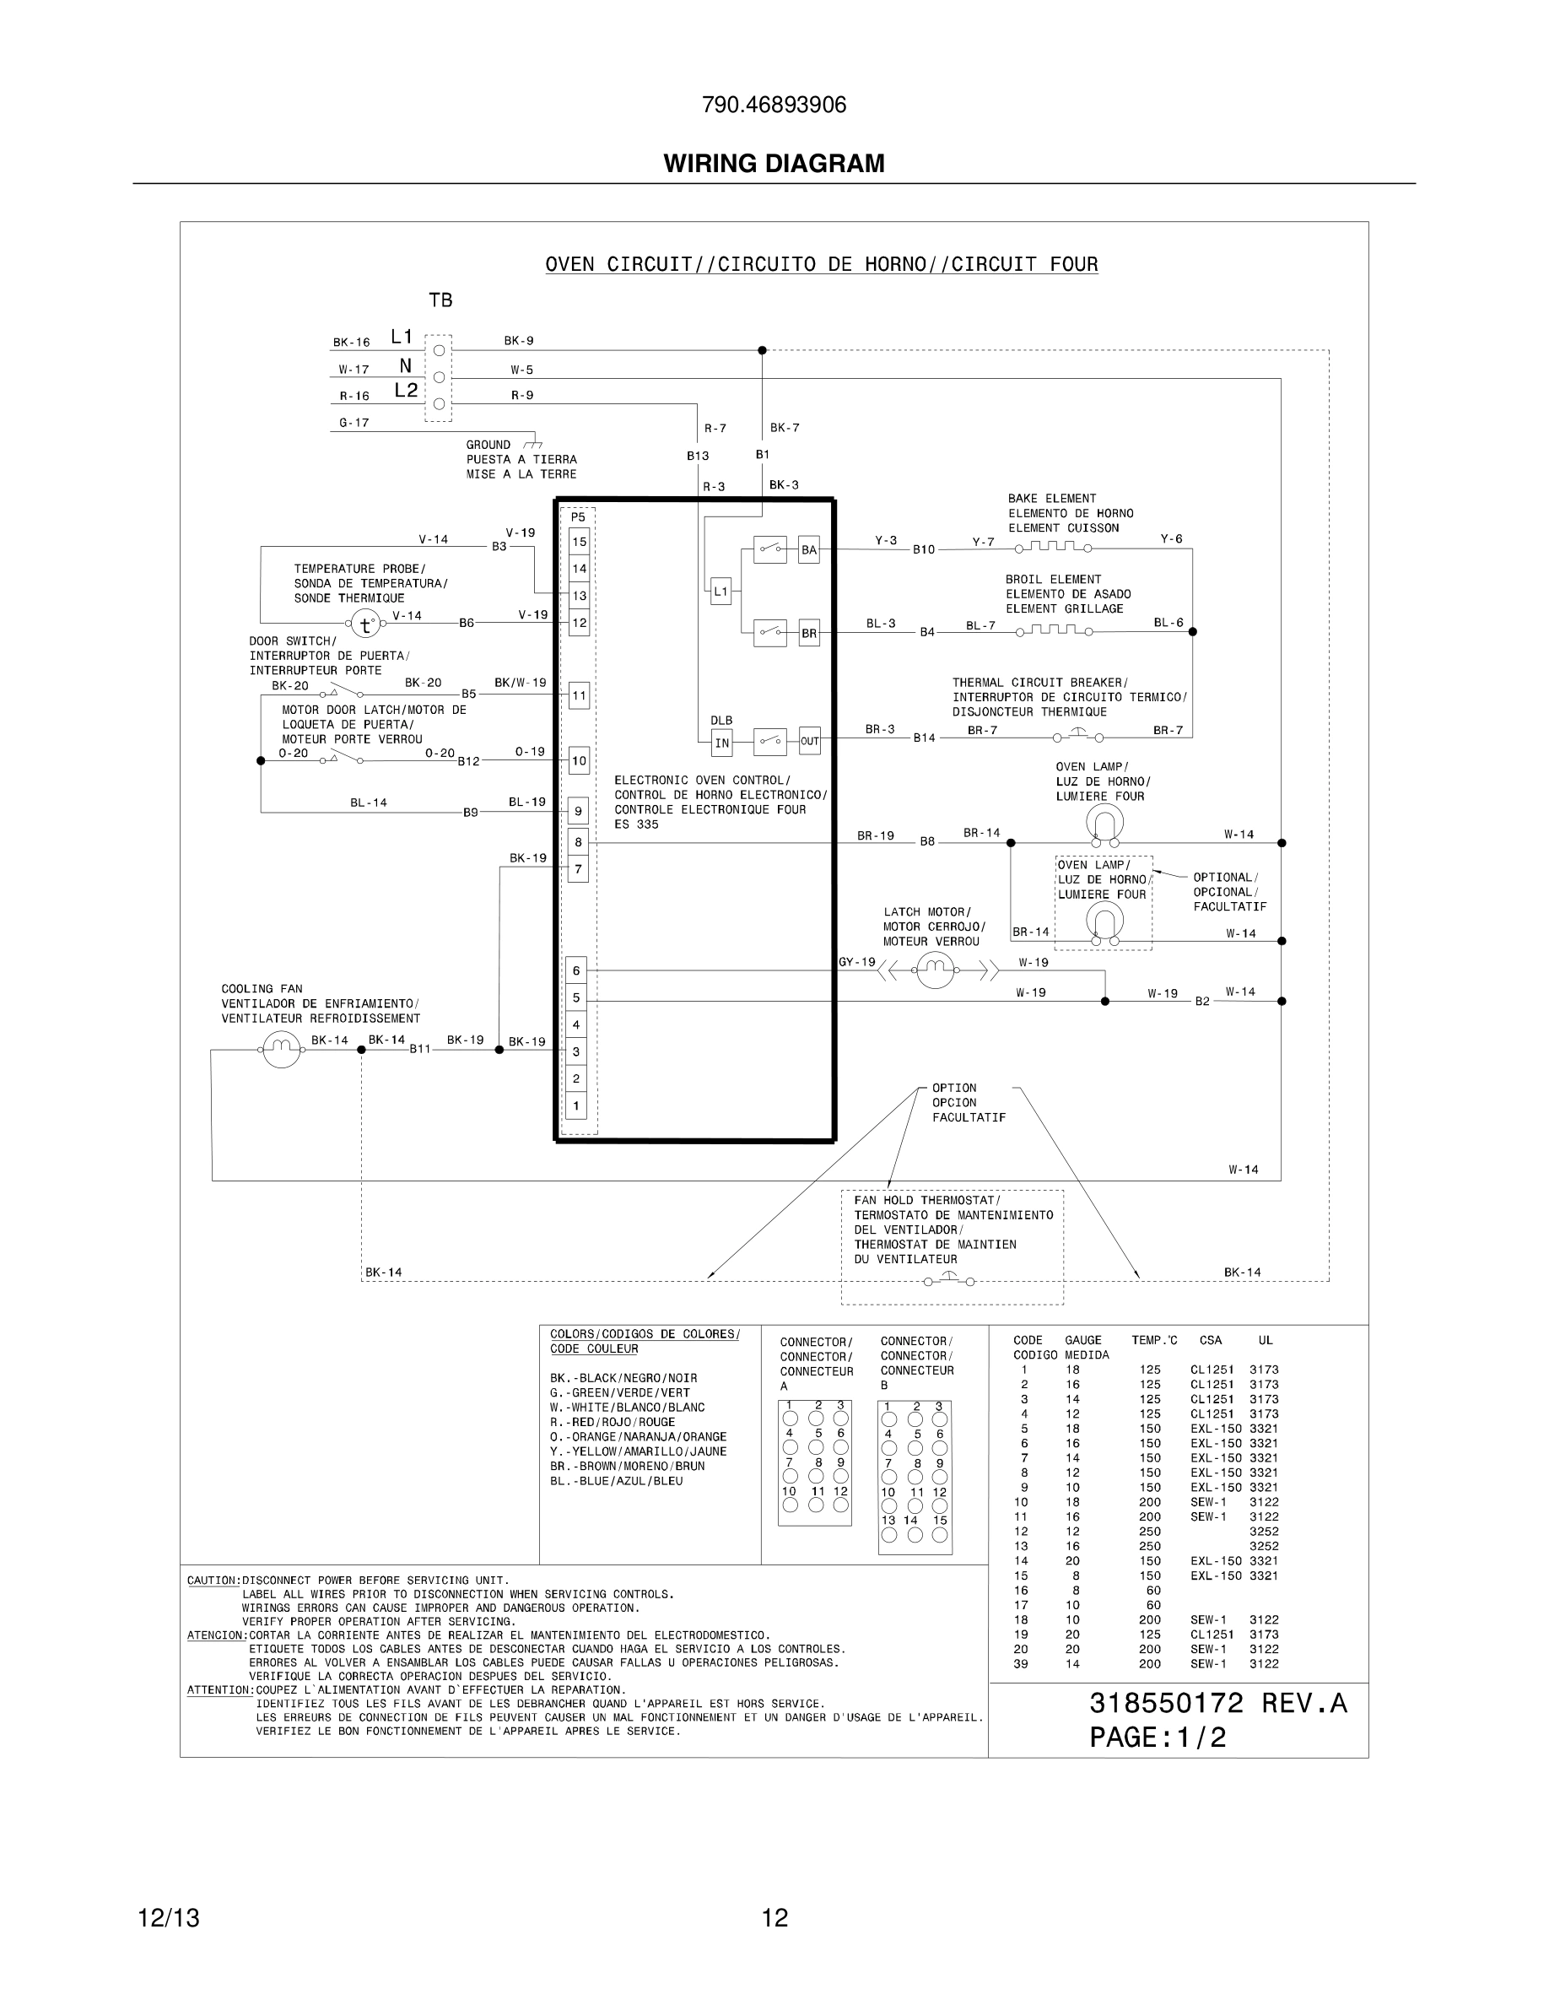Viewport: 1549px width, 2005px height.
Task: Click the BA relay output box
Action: pyautogui.click(x=808, y=551)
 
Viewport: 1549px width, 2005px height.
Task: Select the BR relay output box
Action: pyautogui.click(x=808, y=634)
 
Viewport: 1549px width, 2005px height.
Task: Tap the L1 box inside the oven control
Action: pyautogui.click(x=721, y=592)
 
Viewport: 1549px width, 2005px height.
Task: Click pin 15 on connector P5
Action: pyautogui.click(x=579, y=542)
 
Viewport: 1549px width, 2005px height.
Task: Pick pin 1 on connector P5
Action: pyautogui.click(x=576, y=1105)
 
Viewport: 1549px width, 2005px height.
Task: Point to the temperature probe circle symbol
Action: pyautogui.click(x=366, y=624)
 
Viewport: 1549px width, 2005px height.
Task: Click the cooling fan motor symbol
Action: pyautogui.click(x=282, y=1049)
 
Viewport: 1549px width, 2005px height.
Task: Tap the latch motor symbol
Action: pyautogui.click(x=935, y=970)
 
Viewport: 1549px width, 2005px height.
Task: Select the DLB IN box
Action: pyautogui.click(x=722, y=742)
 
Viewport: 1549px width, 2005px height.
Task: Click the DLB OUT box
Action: pyautogui.click(x=809, y=741)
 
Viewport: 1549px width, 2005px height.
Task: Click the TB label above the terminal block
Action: pyautogui.click(x=440, y=300)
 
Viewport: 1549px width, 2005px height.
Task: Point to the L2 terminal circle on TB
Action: pyautogui.click(x=439, y=403)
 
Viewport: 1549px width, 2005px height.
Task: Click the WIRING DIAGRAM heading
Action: pyautogui.click(x=774, y=164)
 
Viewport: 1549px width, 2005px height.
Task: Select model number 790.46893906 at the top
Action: pyautogui.click(x=774, y=105)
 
